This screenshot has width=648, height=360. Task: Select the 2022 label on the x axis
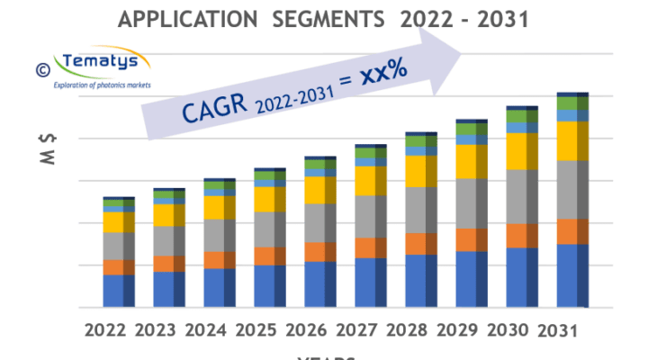tap(105, 330)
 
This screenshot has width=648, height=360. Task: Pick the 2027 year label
tap(358, 330)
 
